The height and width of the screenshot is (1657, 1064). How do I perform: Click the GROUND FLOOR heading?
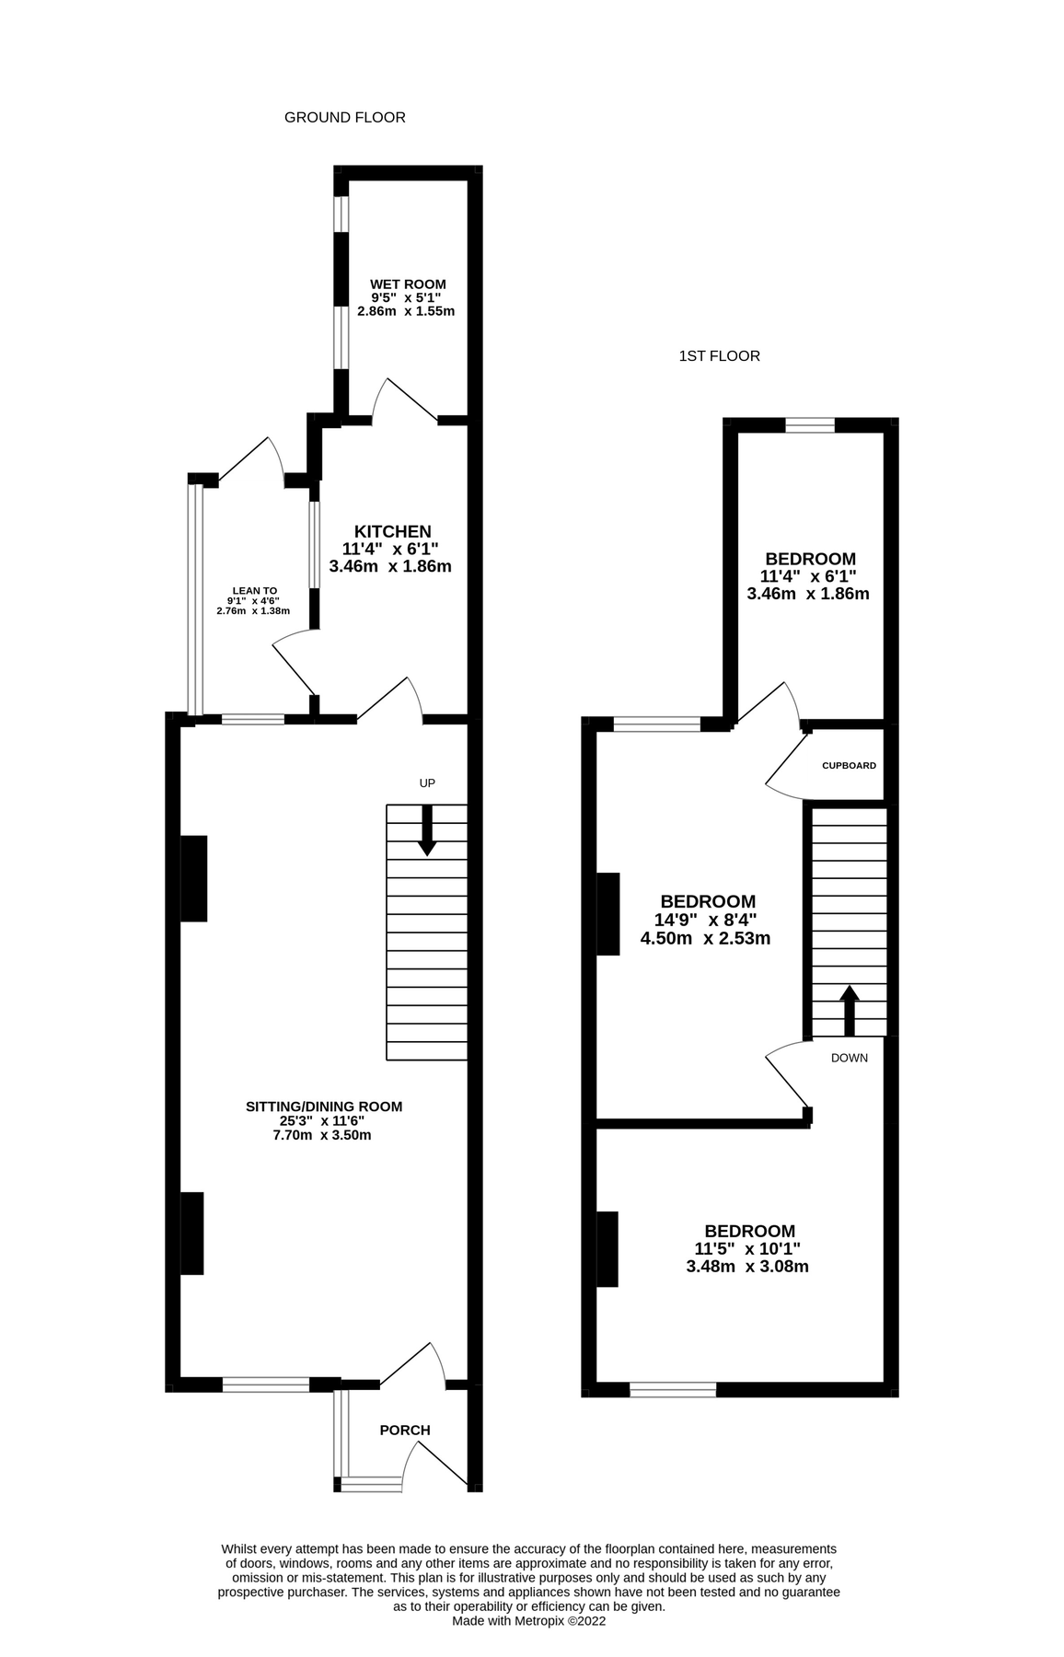[344, 118]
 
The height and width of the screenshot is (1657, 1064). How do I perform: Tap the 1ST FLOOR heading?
[719, 356]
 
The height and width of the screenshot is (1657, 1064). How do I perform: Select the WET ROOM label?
[408, 284]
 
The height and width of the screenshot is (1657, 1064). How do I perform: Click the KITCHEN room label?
[393, 532]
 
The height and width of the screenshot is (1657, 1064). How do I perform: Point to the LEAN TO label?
[254, 591]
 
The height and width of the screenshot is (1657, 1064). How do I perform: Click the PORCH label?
[405, 1431]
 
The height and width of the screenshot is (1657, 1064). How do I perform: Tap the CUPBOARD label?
[849, 766]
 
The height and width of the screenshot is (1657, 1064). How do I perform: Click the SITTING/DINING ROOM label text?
[324, 1107]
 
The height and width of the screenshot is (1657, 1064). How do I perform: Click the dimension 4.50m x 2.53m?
[705, 939]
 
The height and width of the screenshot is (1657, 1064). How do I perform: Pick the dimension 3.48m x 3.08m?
[747, 1267]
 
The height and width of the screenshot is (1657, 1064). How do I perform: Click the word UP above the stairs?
[427, 783]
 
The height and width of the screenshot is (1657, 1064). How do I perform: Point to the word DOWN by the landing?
[849, 1059]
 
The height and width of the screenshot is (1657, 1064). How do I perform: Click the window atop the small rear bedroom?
[810, 424]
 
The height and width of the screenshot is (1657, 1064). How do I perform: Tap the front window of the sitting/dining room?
[266, 1385]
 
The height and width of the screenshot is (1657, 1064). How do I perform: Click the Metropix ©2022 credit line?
[528, 1622]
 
